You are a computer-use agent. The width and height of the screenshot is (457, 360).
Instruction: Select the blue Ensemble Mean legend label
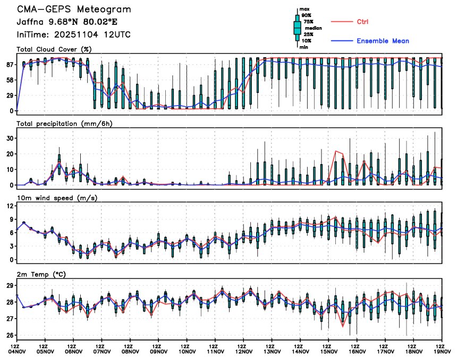click(x=383, y=41)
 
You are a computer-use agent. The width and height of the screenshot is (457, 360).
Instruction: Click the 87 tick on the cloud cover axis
click(x=9, y=64)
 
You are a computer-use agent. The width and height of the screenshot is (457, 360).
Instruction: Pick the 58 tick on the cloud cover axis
click(x=9, y=80)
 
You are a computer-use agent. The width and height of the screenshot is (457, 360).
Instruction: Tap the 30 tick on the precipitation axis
click(x=9, y=138)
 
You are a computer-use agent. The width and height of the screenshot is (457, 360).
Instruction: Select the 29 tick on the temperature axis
click(x=9, y=286)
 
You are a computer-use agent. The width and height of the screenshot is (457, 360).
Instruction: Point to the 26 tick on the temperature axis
click(x=9, y=336)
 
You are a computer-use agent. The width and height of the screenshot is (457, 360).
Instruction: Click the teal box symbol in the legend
click(x=298, y=28)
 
